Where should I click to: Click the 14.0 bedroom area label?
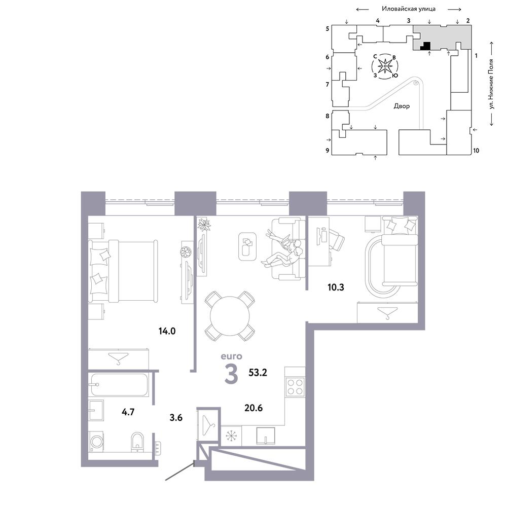[167, 331]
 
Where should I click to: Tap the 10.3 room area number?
[336, 287]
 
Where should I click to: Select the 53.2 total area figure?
[258, 373]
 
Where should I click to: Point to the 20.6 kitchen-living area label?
[253, 408]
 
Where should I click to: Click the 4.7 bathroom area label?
[128, 412]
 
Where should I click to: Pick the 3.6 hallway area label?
[176, 417]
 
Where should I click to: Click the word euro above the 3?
[232, 356]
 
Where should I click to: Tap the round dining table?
[230, 316]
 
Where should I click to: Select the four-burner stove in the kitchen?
[295, 387]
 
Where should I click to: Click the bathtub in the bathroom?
[120, 385]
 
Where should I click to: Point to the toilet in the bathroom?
[137, 442]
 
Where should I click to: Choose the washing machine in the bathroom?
[96, 441]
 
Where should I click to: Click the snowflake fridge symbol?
[231, 436]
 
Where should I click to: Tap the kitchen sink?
[266, 436]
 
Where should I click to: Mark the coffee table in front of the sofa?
[247, 246]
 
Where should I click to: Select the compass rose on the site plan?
[385, 66]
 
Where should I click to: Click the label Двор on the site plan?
[402, 106]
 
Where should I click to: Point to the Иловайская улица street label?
[408, 9]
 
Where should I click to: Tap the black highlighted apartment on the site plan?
[426, 47]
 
